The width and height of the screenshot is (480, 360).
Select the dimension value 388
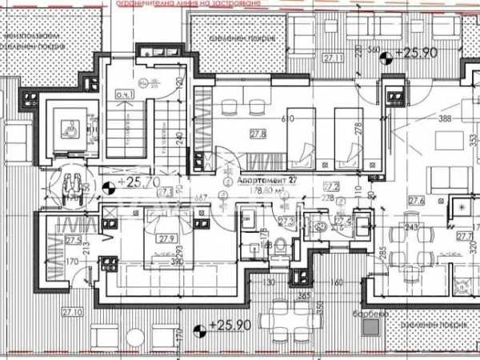pyautogui.click(x=445, y=119)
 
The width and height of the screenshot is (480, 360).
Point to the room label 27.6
pyautogui.click(x=415, y=201)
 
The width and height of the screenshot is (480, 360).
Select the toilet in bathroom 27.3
pyautogui.click(x=278, y=249)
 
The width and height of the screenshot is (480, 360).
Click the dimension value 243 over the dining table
pyautogui.click(x=411, y=227)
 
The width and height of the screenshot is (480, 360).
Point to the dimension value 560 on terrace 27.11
pyautogui.click(x=372, y=50)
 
